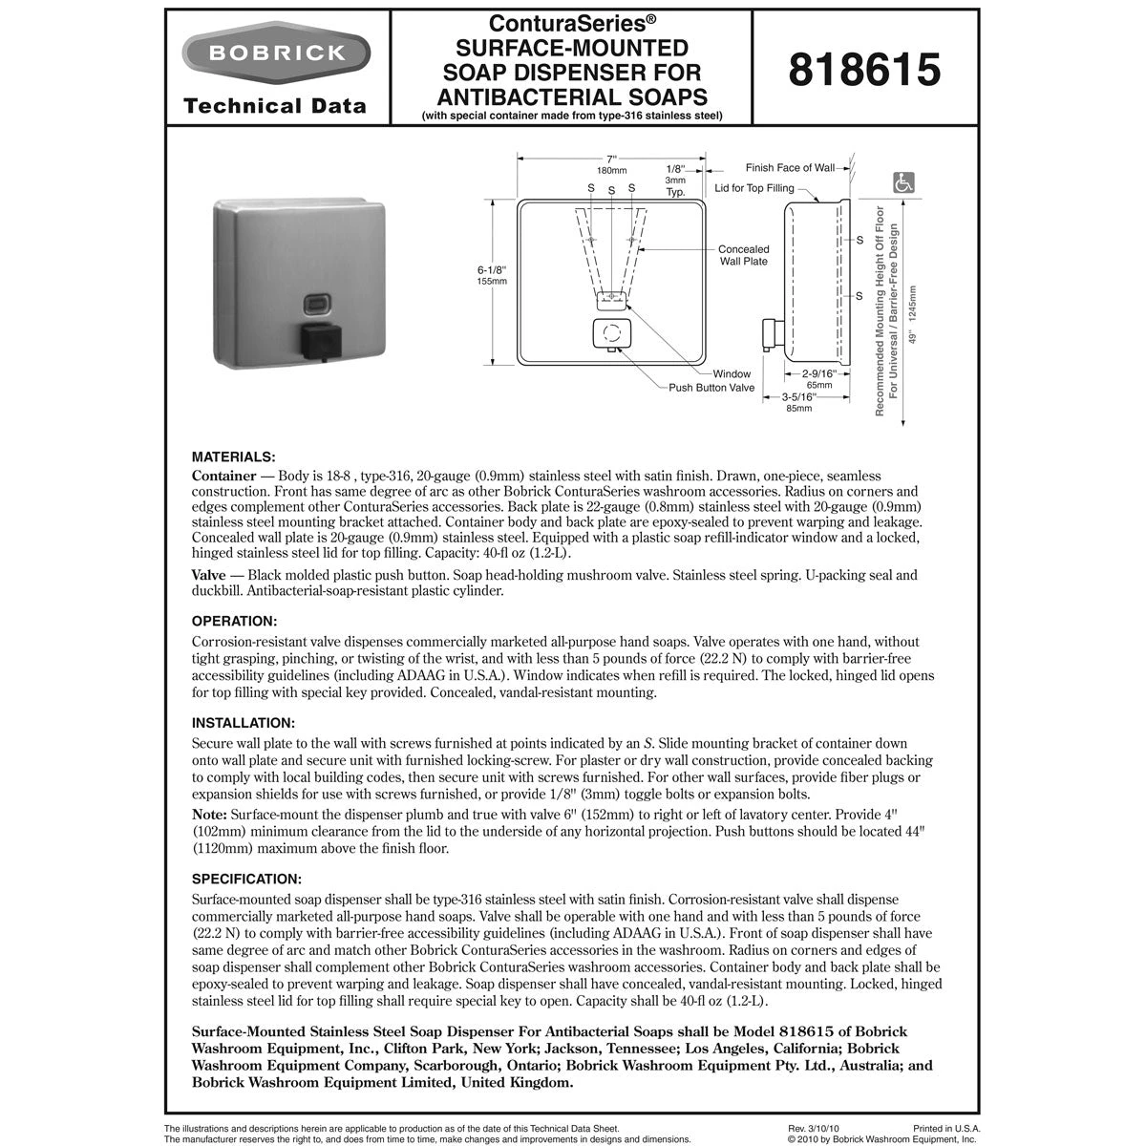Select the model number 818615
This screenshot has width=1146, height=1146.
coord(865,70)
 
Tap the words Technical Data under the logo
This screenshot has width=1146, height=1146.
coord(275,106)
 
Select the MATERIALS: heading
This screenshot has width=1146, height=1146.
coord(234,456)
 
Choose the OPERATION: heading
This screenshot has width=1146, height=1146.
coord(235,621)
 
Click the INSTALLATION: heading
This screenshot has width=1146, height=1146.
coord(244,722)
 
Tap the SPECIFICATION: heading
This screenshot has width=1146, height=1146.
coord(246,878)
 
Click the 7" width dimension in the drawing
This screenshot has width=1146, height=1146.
coord(611,159)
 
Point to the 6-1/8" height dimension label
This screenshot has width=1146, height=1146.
coord(492,270)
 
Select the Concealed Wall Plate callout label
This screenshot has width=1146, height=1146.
coord(743,255)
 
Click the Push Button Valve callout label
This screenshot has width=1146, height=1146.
coord(711,388)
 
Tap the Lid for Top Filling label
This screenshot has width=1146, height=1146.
coord(754,188)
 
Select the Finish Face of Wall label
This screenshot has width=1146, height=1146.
coord(790,168)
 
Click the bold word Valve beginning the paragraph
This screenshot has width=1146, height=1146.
coord(208,576)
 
